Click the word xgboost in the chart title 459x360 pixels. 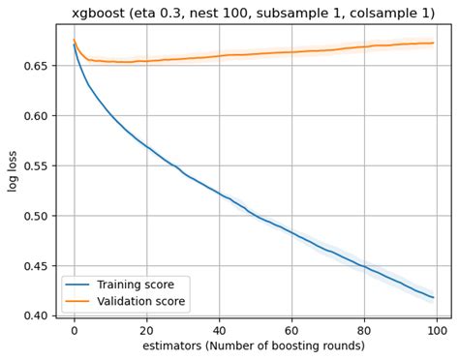(x=99, y=13)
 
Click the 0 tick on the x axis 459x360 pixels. (x=74, y=330)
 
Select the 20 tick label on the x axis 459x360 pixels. (x=146, y=330)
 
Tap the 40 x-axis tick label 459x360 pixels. (x=219, y=330)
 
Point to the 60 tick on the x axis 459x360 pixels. (x=291, y=330)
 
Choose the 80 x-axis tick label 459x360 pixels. (x=364, y=330)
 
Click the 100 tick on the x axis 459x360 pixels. (x=436, y=330)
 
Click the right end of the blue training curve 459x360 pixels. (x=433, y=297)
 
